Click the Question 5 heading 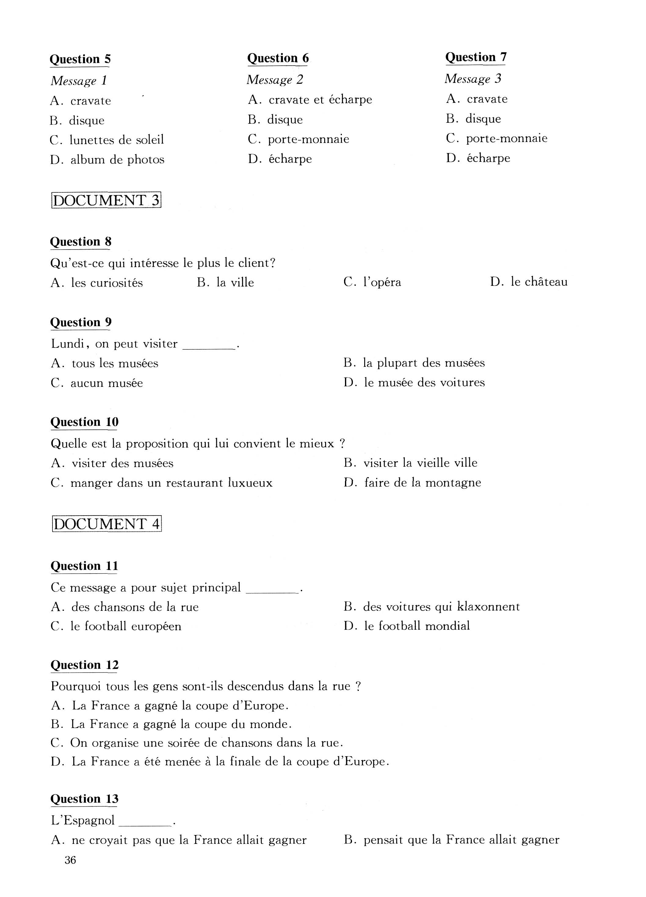(80, 59)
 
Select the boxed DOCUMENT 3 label (106, 201)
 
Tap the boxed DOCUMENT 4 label (107, 524)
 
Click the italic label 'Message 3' (473, 79)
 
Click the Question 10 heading (84, 422)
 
